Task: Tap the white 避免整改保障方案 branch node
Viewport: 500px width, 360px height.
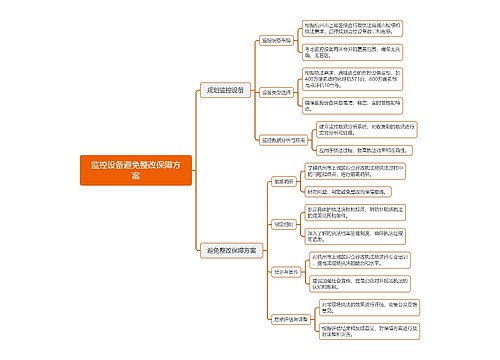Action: (x=229, y=249)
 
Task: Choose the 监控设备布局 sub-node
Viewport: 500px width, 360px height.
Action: (x=276, y=41)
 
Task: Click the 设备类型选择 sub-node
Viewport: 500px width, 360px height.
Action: (x=276, y=92)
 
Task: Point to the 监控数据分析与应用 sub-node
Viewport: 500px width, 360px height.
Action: (x=281, y=140)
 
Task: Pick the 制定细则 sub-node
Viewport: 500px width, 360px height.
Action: (x=279, y=224)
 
